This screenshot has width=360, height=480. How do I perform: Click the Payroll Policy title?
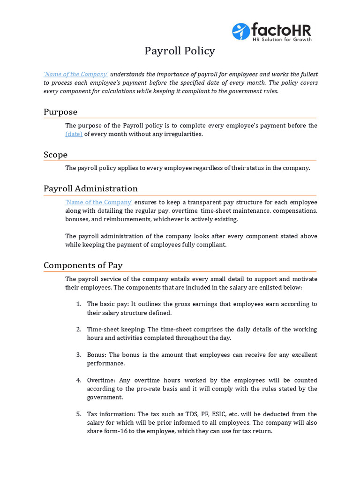[x=180, y=51]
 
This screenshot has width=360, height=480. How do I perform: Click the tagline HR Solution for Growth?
[x=282, y=39]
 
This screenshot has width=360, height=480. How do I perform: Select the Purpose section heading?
[x=60, y=112]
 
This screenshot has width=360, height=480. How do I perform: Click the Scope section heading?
[x=55, y=155]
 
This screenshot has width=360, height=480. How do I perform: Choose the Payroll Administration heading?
[x=90, y=188]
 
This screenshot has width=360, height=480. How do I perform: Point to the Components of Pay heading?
[x=83, y=265]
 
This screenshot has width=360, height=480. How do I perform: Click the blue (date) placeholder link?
[x=74, y=134]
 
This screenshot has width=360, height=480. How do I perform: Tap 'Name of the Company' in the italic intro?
[x=76, y=74]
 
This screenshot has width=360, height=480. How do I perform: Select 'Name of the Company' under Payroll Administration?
[x=98, y=202]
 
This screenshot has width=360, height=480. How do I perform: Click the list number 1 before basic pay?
[x=78, y=304]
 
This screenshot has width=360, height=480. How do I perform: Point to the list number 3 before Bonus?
[x=78, y=355]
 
